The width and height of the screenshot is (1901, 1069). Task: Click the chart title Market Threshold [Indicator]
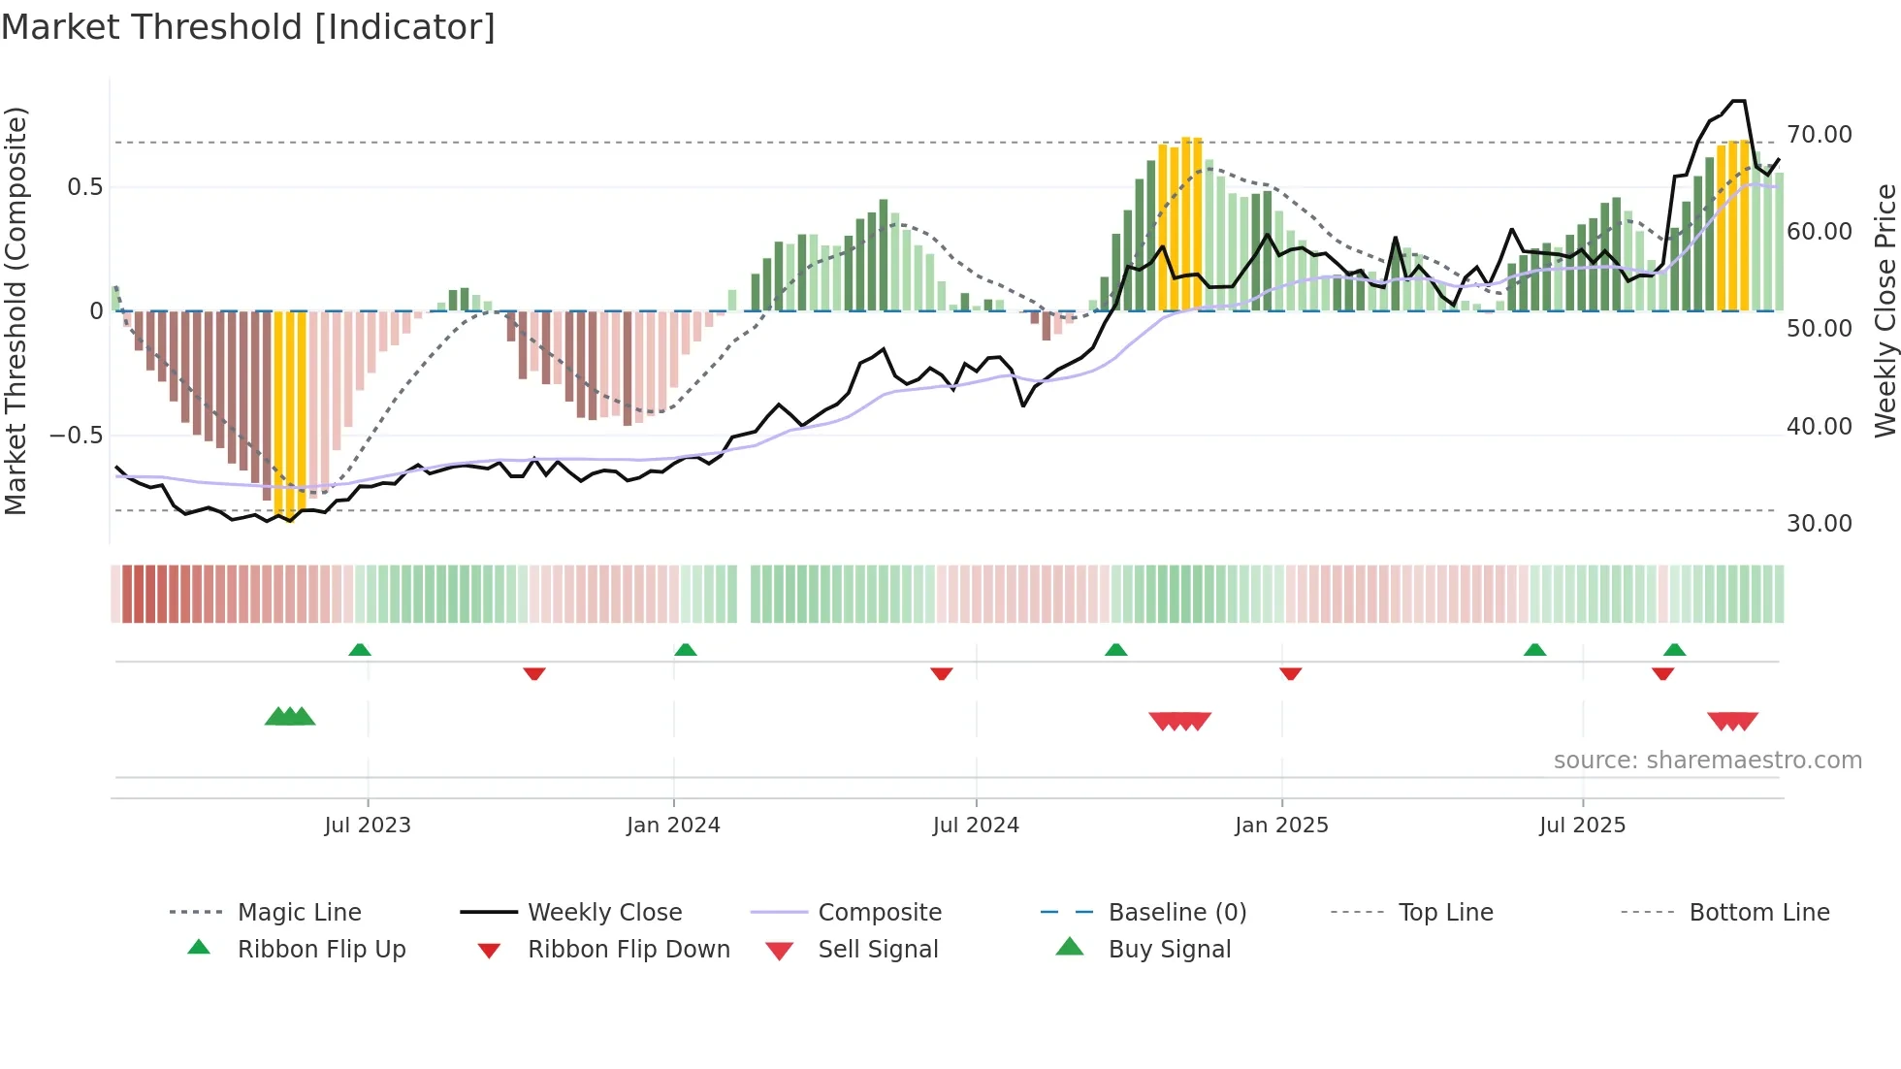248,27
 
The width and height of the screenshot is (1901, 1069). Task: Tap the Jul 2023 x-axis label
368,826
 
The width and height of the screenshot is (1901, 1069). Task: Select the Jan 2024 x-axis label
673,826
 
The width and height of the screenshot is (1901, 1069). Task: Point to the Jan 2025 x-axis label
1281,826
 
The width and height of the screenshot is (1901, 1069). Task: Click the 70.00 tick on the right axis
1819,135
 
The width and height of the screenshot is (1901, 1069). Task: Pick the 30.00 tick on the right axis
1819,524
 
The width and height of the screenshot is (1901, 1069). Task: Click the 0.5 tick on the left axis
84,187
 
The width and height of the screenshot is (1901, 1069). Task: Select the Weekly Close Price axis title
1885,310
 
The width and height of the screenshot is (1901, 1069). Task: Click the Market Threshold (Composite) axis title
16,310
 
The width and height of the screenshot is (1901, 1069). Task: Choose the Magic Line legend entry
299,913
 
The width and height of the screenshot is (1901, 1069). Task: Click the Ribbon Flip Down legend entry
628,950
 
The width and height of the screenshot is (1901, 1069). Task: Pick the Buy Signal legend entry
1169,950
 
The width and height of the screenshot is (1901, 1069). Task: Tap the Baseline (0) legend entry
1176,913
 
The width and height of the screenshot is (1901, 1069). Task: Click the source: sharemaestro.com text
1707,761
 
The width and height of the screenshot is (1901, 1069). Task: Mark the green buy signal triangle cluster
290,717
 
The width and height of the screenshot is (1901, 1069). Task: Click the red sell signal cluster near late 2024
1179,721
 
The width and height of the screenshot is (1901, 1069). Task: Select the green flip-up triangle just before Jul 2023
360,649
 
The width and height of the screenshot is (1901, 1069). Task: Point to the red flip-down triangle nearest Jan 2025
1290,673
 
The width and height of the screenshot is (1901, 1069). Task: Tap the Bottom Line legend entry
1758,913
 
